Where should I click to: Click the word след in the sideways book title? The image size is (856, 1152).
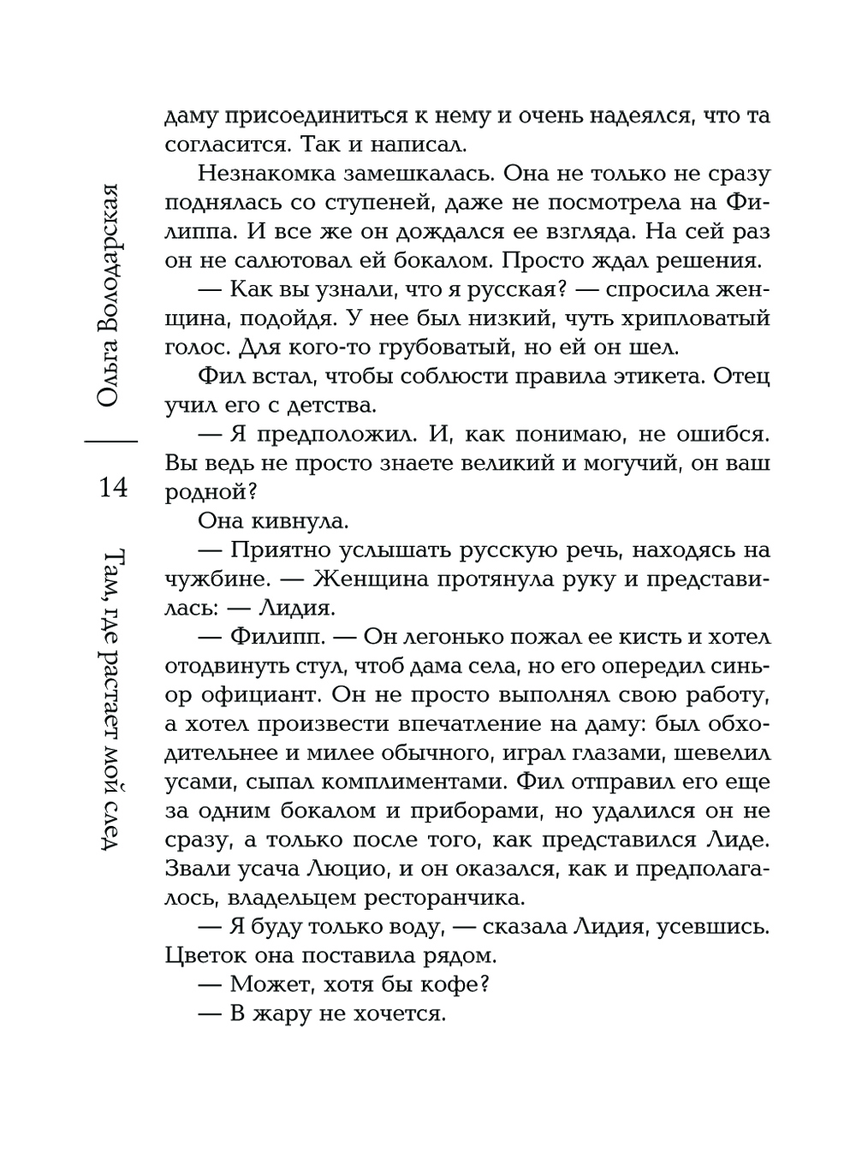pos(113,818)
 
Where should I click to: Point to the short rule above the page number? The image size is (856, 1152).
pos(111,440)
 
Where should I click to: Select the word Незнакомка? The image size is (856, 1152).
pos(261,174)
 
